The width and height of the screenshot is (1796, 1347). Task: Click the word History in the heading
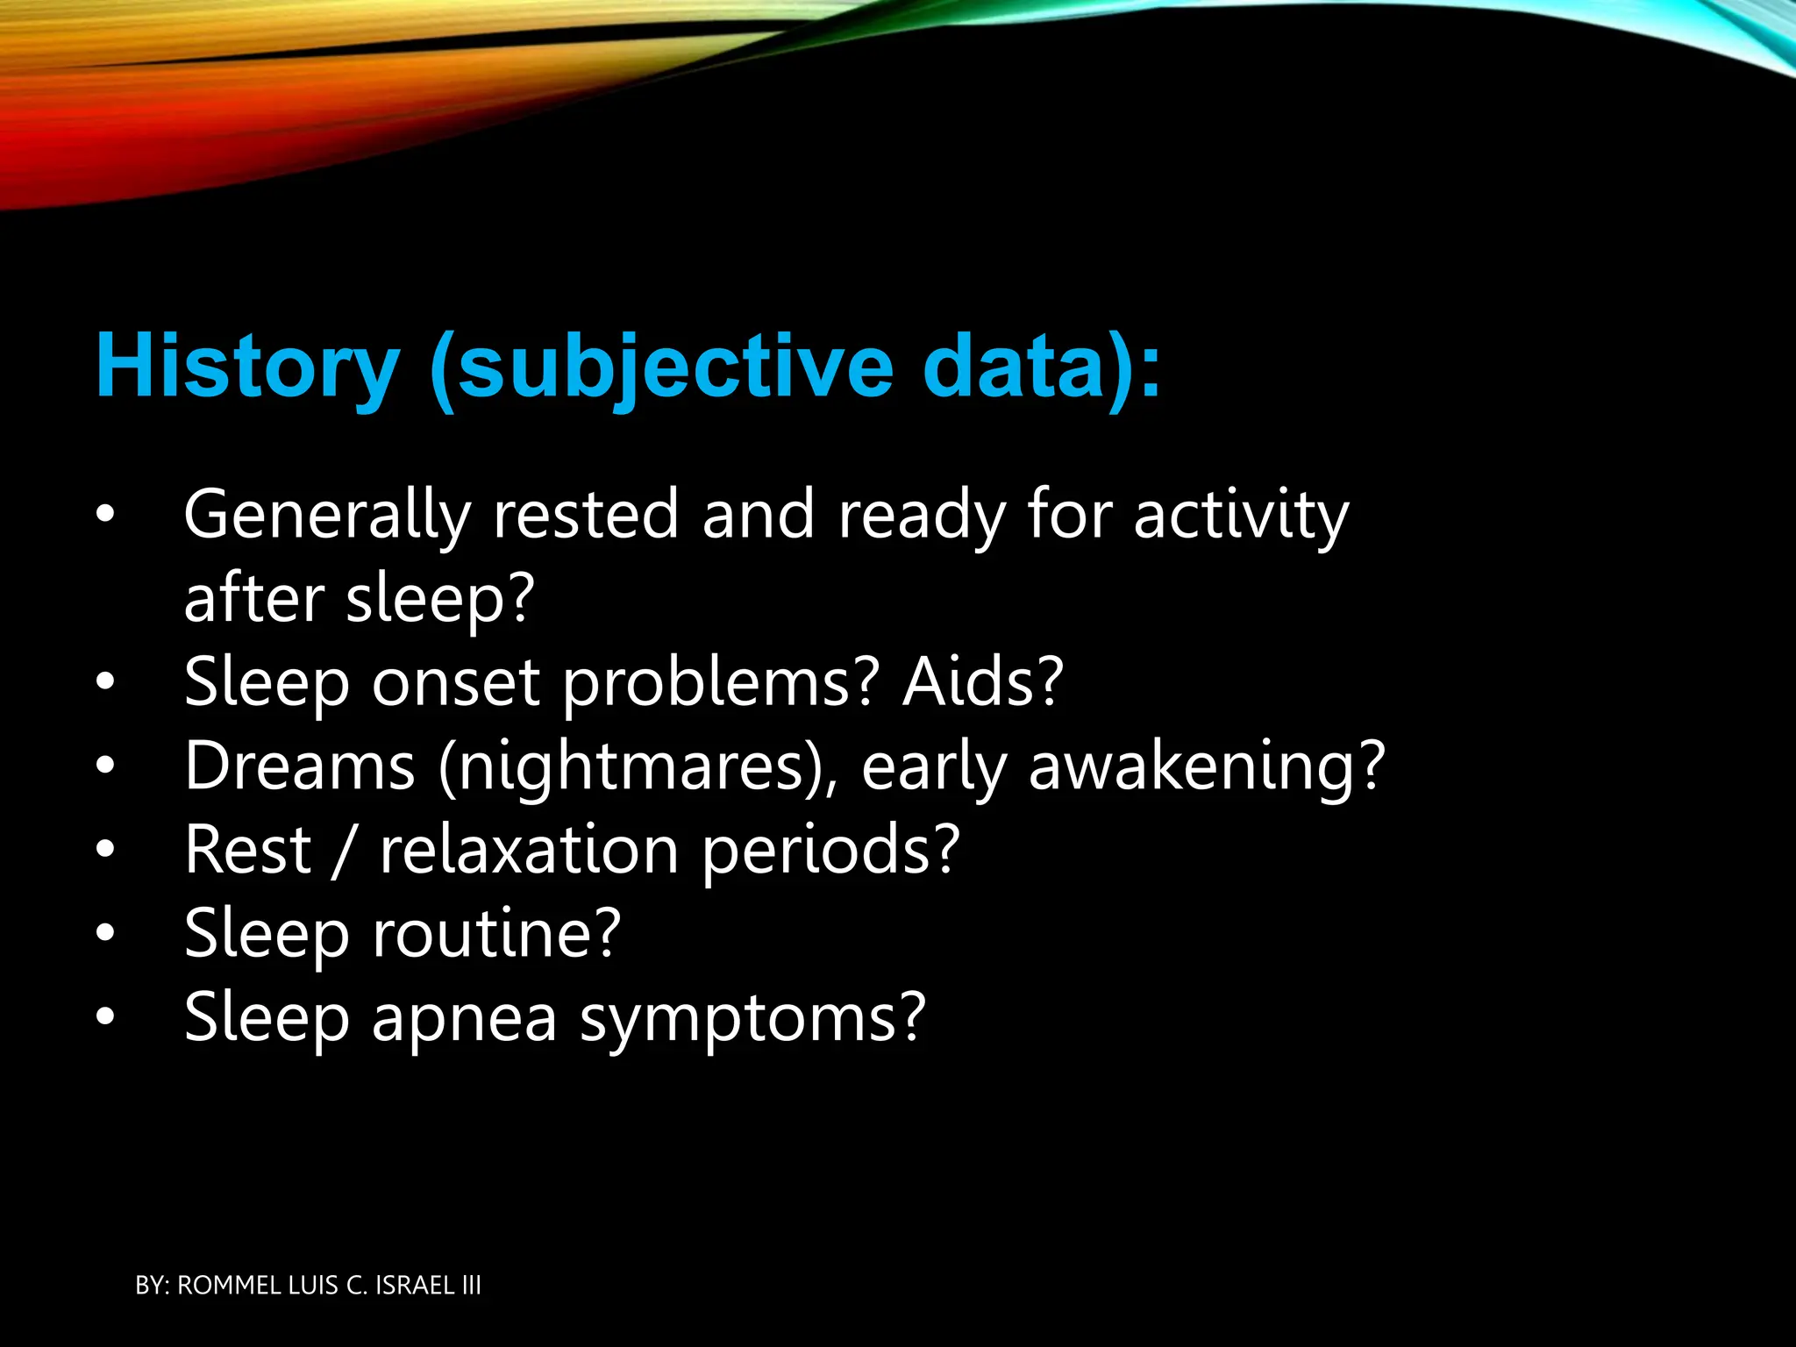248,366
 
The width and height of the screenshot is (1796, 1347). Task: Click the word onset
455,682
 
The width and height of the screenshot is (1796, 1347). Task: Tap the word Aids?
983,682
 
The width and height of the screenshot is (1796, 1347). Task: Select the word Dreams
299,766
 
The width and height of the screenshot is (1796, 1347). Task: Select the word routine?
496,933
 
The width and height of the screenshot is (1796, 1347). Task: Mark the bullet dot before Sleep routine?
105,933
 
